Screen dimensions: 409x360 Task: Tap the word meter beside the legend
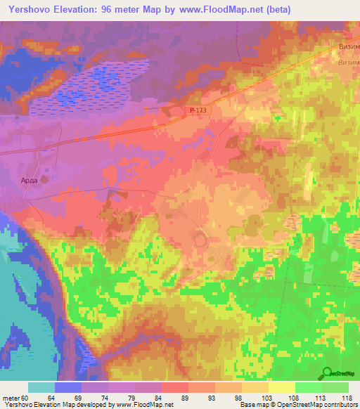click(13, 398)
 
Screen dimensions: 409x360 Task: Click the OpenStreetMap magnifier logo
click(326, 374)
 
